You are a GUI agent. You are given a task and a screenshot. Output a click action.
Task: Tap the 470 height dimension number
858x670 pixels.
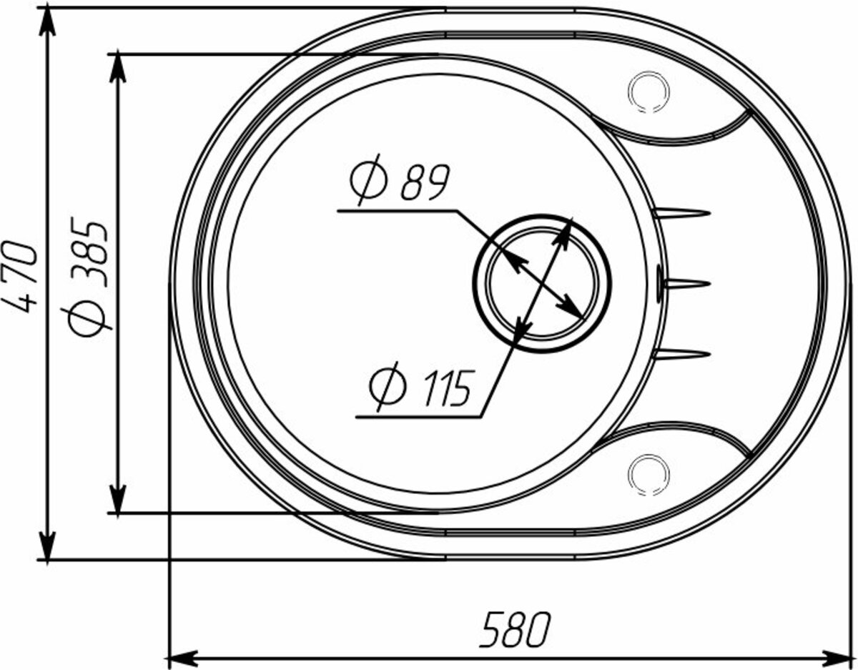click(x=20, y=277)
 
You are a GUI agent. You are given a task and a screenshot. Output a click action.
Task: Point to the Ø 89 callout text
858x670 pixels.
click(x=400, y=179)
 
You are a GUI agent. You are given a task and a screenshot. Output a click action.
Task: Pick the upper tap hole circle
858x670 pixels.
click(x=649, y=92)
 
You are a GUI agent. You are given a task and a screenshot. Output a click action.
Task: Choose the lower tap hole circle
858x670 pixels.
click(x=649, y=474)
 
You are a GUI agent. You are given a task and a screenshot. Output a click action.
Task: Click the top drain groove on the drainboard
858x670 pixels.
click(x=681, y=213)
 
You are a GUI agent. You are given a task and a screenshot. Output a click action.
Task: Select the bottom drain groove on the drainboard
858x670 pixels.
click(x=681, y=354)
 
